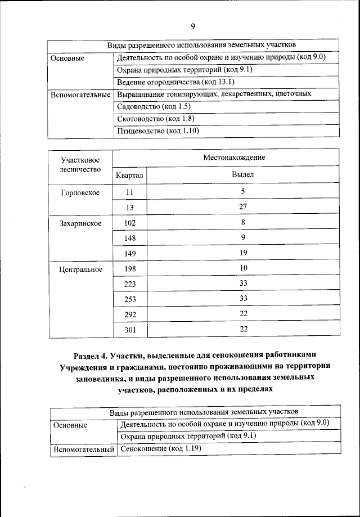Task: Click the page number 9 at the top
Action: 193,26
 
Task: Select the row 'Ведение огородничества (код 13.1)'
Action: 166,82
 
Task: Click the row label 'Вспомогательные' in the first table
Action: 80,95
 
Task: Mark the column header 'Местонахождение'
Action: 234,158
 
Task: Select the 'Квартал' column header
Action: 130,175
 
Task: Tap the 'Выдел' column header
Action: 243,175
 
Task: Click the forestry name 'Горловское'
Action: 80,192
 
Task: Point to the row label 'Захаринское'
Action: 80,223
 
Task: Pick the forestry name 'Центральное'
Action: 80,269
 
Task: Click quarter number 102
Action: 130,223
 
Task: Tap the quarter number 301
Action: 130,330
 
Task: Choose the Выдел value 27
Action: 243,207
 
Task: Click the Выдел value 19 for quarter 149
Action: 243,253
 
